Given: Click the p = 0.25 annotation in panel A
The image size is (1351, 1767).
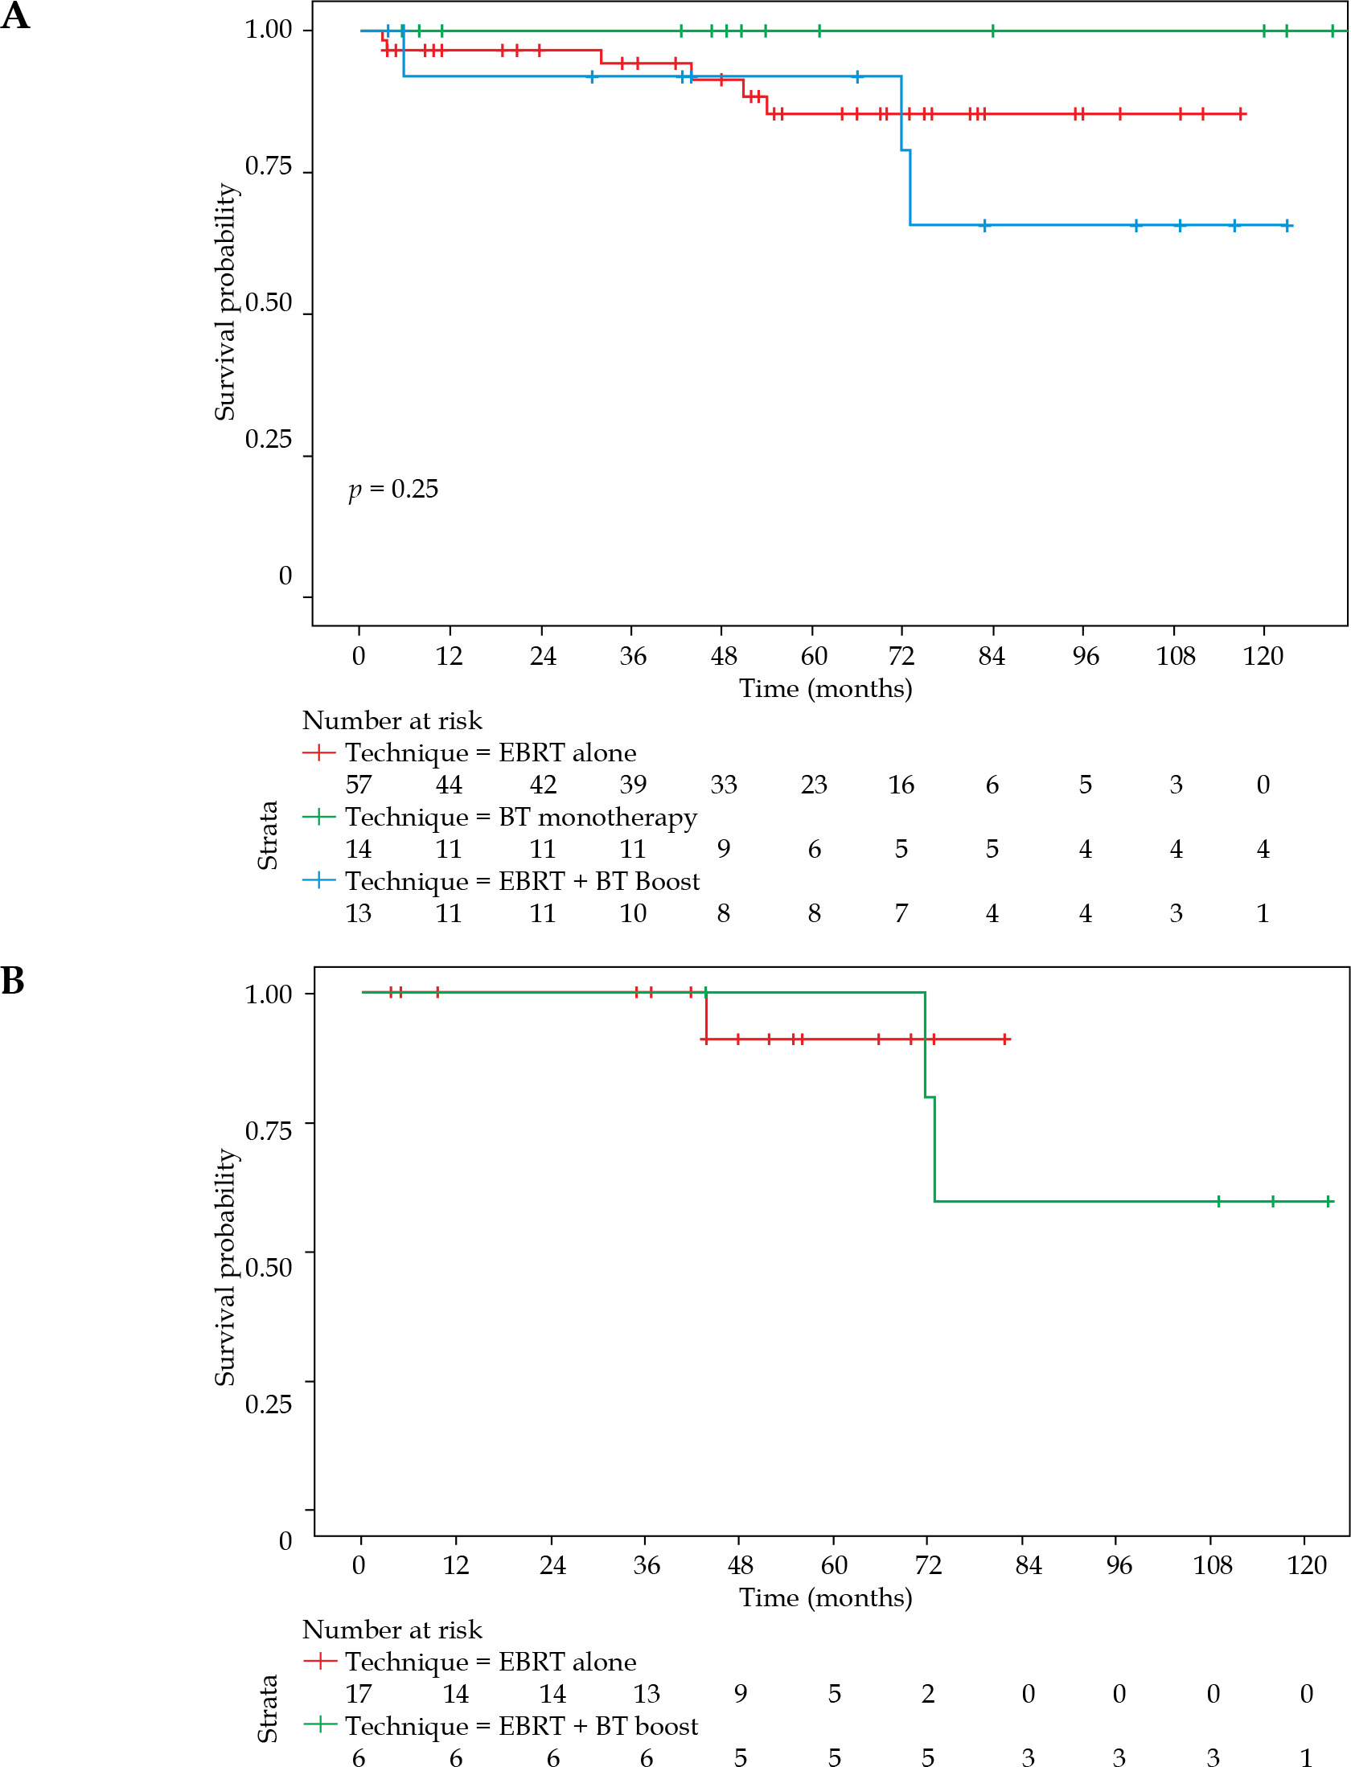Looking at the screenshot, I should click(x=393, y=489).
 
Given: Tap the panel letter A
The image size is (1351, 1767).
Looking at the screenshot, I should click(x=15, y=16).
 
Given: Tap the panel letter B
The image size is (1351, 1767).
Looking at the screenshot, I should click(x=13, y=981).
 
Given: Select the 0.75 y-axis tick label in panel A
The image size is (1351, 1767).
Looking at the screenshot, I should click(x=268, y=166).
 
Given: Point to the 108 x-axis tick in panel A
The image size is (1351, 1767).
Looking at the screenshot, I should click(x=1175, y=656).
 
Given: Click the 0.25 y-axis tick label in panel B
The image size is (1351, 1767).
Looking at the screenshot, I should click(x=268, y=1404).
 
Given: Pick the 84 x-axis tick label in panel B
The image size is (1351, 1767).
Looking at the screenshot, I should click(x=1028, y=1565).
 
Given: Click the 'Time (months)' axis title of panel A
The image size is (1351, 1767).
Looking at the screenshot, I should click(x=825, y=689).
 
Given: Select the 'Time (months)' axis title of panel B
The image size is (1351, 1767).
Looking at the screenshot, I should click(x=825, y=1597).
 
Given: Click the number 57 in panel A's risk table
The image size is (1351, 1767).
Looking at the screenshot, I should click(x=359, y=785).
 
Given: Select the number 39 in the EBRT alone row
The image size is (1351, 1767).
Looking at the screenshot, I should click(x=633, y=785).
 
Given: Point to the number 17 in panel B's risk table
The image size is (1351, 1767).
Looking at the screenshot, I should click(x=359, y=1694).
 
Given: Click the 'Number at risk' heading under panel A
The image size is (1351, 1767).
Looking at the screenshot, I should click(x=392, y=721).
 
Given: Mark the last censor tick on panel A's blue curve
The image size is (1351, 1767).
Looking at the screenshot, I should click(x=1287, y=226).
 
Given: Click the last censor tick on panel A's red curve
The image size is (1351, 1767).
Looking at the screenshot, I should click(x=1241, y=114).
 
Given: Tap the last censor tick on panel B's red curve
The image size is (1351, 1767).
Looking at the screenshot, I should click(x=1005, y=1039).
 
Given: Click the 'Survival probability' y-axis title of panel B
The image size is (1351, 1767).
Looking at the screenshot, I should click(x=225, y=1266).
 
